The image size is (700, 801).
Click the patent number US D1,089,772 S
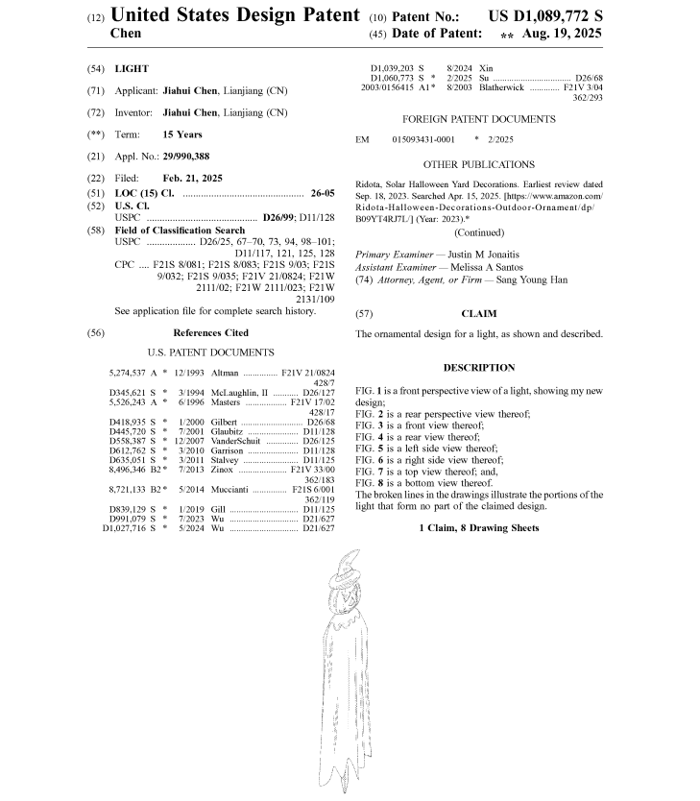(x=544, y=16)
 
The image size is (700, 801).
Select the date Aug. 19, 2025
(x=563, y=34)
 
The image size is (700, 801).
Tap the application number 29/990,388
(x=186, y=156)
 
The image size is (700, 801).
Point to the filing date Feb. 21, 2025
(x=192, y=178)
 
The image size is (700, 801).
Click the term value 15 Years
(x=182, y=134)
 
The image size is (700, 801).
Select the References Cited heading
(x=210, y=332)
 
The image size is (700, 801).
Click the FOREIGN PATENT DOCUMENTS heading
(x=478, y=119)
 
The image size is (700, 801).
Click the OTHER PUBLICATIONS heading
(x=478, y=164)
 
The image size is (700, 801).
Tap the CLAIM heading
(x=478, y=314)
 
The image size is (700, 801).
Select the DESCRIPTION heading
(x=478, y=368)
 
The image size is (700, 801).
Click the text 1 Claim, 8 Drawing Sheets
(x=478, y=528)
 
